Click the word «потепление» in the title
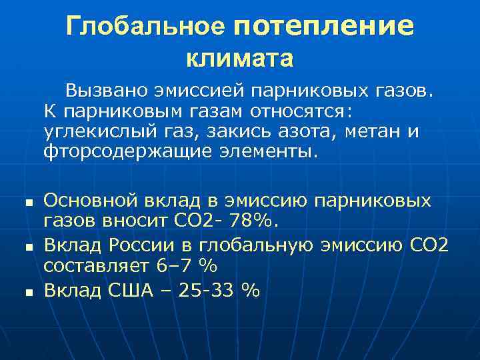[x=324, y=26]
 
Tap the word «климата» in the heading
[x=239, y=58]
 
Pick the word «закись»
[x=214, y=131]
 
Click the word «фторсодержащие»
[x=128, y=152]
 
